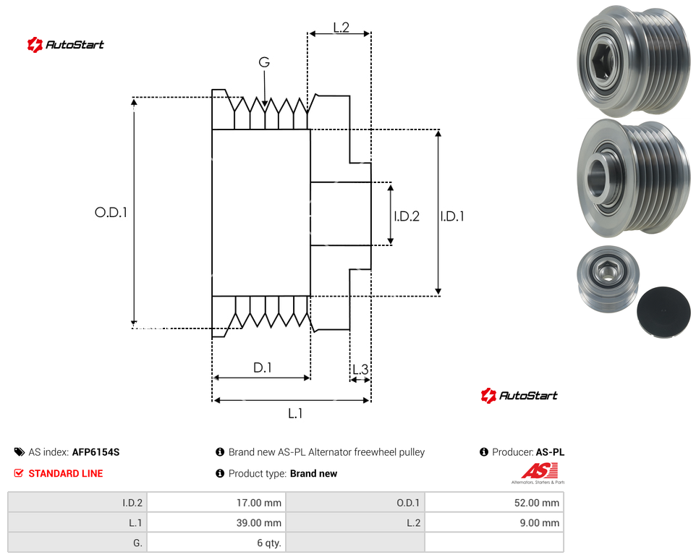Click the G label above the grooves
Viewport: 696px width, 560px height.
pyautogui.click(x=264, y=62)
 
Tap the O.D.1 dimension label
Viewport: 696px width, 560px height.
pyautogui.click(x=111, y=213)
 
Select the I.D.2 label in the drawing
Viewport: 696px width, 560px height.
pyautogui.click(x=407, y=216)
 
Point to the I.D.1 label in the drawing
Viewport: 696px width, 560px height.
pyautogui.click(x=452, y=216)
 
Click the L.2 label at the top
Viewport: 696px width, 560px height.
pyautogui.click(x=341, y=27)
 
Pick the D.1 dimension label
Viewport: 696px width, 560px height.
pyautogui.click(x=263, y=368)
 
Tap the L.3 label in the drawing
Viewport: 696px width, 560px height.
pyautogui.click(x=360, y=369)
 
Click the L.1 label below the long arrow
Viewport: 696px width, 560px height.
pyautogui.click(x=295, y=414)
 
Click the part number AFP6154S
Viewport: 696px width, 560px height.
pyautogui.click(x=96, y=452)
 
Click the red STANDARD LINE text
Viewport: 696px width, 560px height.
pyautogui.click(x=66, y=473)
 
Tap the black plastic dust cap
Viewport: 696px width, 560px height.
pyautogui.click(x=663, y=312)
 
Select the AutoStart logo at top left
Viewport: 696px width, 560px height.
pyautogui.click(x=66, y=44)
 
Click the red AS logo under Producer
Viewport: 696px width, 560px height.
pyautogui.click(x=539, y=471)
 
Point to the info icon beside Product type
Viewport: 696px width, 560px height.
pyautogui.click(x=220, y=473)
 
